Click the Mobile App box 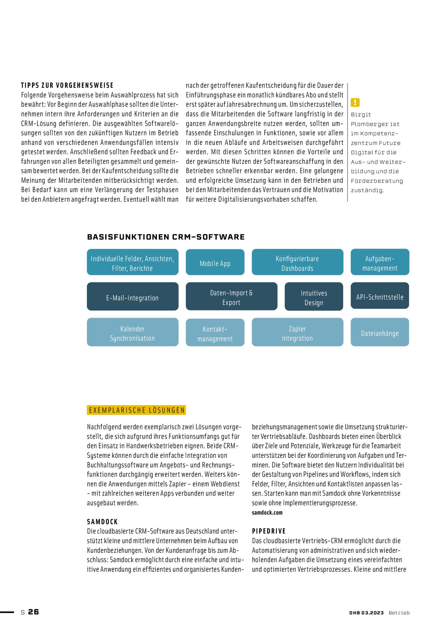point(215,262)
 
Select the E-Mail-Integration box point(132,297)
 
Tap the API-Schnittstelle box point(380,296)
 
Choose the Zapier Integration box point(297,332)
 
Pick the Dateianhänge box point(380,332)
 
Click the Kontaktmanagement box point(215,332)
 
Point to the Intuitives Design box point(314,297)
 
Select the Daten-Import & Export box point(231,297)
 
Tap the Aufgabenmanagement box point(380,262)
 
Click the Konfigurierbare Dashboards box point(297,262)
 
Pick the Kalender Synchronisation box point(132,332)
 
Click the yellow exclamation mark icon point(355,102)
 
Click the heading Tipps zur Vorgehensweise point(67,86)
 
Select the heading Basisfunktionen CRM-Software point(166,237)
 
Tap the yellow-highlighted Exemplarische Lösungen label point(136,410)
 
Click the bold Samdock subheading point(102,522)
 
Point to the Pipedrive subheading point(269,531)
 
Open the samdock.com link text point(267,513)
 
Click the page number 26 point(33,612)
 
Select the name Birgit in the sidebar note point(361,114)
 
